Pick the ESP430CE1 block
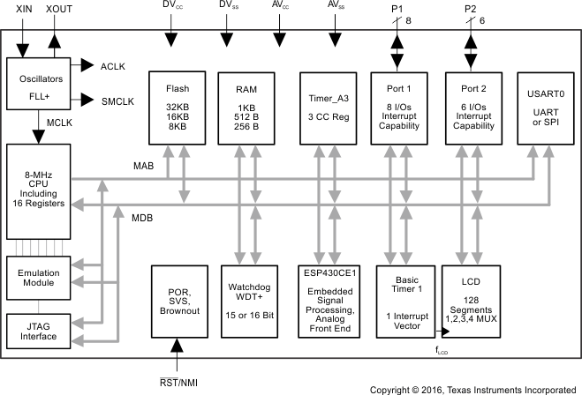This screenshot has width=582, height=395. [x=328, y=301]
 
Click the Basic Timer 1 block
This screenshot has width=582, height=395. [x=401, y=301]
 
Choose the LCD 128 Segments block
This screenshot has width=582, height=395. [x=469, y=301]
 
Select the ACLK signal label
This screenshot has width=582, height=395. [x=115, y=65]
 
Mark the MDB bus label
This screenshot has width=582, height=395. [x=143, y=217]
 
